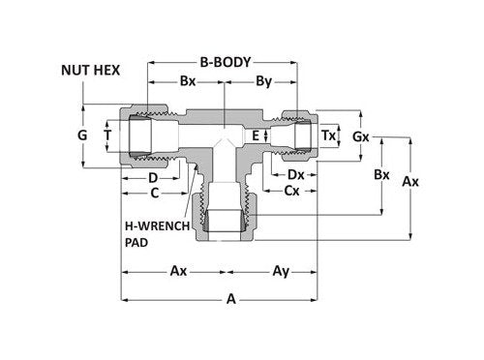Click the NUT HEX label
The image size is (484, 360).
(91, 70)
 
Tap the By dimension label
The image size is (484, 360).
(261, 84)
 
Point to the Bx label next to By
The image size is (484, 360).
(189, 84)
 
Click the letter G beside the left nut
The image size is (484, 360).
(83, 137)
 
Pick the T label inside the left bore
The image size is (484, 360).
(108, 137)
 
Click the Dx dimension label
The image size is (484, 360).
(297, 174)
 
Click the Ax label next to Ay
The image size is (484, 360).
(178, 272)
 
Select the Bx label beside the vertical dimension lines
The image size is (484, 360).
(382, 176)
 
